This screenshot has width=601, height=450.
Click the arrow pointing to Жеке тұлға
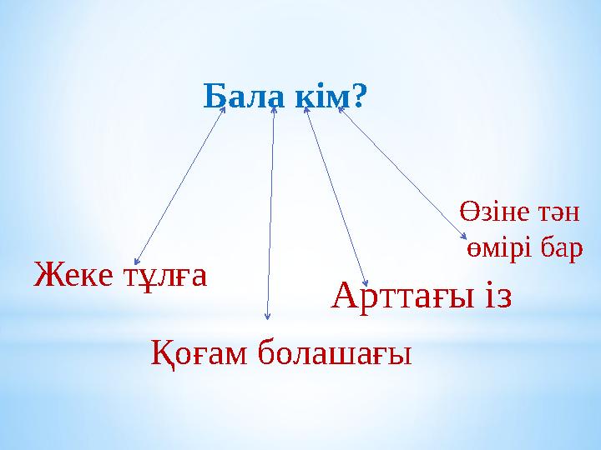[179, 185]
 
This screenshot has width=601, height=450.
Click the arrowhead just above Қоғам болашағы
[267, 316]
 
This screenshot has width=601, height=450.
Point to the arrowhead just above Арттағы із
[366, 284]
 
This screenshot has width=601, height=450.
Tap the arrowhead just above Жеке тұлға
[138, 260]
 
